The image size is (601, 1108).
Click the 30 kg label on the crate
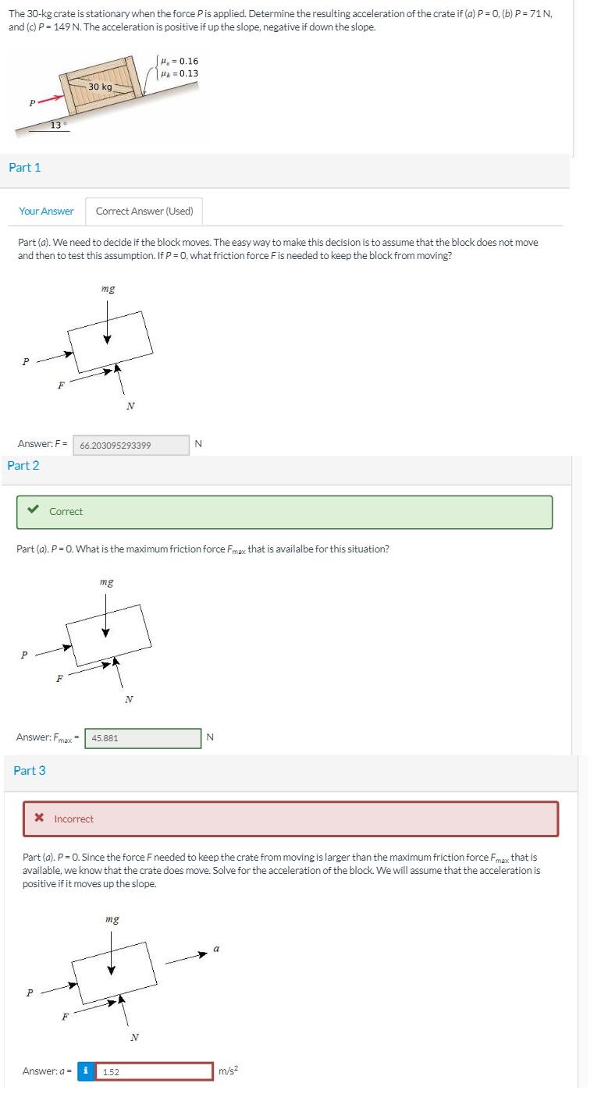tap(100, 87)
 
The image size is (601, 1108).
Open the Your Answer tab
tap(46, 211)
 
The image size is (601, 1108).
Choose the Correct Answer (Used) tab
tap(144, 211)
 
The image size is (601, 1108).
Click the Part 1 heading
tap(25, 167)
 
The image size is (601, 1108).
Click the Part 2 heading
tap(23, 465)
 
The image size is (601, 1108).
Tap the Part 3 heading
tap(30, 770)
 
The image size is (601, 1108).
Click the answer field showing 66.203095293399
tap(133, 445)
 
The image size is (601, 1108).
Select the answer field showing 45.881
tap(143, 737)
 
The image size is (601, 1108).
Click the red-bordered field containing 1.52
tap(155, 1071)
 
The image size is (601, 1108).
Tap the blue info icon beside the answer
tap(86, 1071)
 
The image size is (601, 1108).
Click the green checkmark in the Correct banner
tap(33, 511)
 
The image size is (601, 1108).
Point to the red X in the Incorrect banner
tap(38, 819)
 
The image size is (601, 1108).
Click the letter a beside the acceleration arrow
tap(216, 949)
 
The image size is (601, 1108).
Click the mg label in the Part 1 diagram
tap(108, 289)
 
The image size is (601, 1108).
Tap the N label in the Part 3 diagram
tap(134, 1037)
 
